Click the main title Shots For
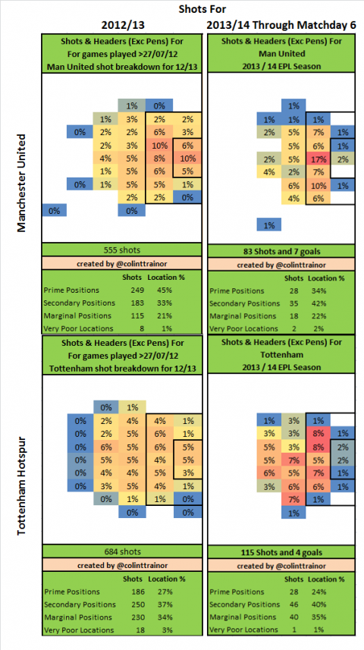(x=202, y=8)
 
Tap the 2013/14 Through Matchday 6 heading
(x=281, y=25)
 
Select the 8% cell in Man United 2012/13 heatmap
(x=159, y=158)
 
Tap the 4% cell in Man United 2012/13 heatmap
(x=105, y=158)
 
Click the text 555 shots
(x=122, y=250)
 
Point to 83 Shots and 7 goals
(x=281, y=251)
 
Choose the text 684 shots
(x=122, y=551)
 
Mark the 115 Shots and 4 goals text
(x=281, y=553)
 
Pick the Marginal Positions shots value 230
(x=132, y=617)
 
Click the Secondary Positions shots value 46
(x=294, y=604)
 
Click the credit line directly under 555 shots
(x=122, y=264)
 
